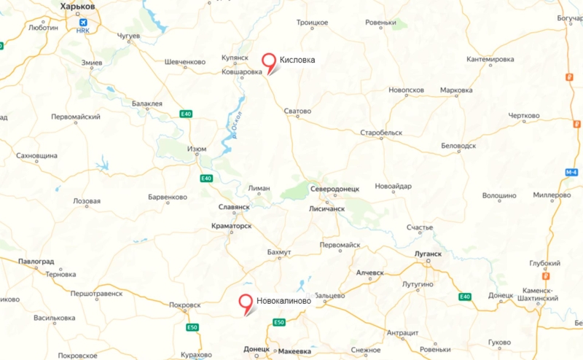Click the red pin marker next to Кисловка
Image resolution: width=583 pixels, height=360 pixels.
point(270,61)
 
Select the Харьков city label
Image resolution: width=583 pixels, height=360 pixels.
point(77,6)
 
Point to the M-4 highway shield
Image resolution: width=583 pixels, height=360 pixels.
point(571,173)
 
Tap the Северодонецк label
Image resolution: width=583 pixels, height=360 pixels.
point(334,189)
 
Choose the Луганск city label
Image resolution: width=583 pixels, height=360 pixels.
point(428,254)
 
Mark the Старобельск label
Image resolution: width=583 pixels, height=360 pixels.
point(381,133)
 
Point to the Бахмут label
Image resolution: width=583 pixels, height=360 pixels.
point(278,252)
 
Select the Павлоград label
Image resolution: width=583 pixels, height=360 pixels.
point(37,261)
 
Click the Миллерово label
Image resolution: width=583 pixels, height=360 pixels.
point(551,196)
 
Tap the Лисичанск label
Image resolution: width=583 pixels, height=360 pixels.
point(328,208)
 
